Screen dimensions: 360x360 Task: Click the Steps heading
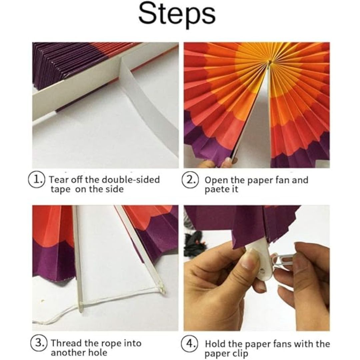coord(177,15)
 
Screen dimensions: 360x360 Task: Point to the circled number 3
coord(39,343)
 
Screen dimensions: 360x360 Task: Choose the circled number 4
coord(190,343)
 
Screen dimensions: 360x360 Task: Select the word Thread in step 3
coord(66,343)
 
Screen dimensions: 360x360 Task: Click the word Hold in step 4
coord(215,344)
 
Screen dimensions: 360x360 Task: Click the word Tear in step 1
coord(59,180)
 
